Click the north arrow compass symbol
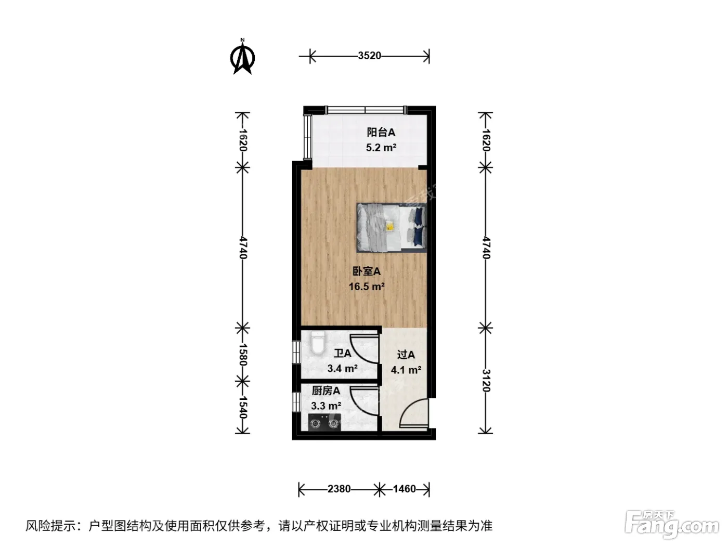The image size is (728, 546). pos(242,57)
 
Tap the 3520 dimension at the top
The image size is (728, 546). pos(370,56)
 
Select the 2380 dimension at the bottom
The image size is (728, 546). pos(339,489)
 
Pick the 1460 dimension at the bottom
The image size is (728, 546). pos(404,489)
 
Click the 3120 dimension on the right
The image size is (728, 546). pos(486,380)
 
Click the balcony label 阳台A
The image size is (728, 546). pos(381,132)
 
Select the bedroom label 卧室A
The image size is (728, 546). pos(366,271)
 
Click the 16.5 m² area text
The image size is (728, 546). pos(367,286)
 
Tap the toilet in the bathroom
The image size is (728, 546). pos(318,343)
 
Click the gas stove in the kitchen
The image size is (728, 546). pos(324,422)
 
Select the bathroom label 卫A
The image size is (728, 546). pos(342,354)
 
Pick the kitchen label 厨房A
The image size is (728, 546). pos(326,391)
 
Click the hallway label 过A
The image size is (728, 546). pos(406,355)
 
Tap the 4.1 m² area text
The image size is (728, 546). pos(406,370)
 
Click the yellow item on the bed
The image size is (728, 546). pos(390,226)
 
